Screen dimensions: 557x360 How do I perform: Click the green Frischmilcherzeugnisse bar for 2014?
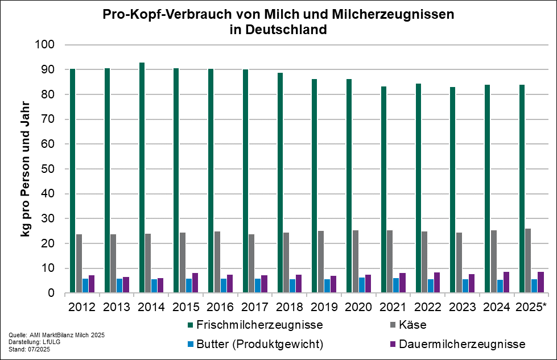pyautogui.click(x=142, y=177)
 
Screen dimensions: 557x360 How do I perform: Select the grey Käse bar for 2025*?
pyautogui.click(x=528, y=260)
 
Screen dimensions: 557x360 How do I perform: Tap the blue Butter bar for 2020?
pyautogui.click(x=362, y=285)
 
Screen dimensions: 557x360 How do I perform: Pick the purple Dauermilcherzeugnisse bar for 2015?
pyautogui.click(x=195, y=283)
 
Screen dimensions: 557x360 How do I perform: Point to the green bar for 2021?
pyautogui.click(x=384, y=189)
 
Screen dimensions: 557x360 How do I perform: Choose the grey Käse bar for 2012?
pyautogui.click(x=79, y=263)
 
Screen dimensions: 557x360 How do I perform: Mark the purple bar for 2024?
pyautogui.click(x=506, y=282)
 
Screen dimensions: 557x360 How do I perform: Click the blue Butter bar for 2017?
pyautogui.click(x=258, y=285)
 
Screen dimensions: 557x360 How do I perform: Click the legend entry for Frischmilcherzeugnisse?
pyautogui.click(x=255, y=325)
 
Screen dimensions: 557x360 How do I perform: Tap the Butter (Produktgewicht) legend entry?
pyautogui.click(x=255, y=344)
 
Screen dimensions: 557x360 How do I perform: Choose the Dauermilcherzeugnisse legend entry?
pyautogui.click(x=457, y=344)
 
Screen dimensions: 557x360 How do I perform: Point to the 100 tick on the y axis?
pyautogui.click(x=44, y=45)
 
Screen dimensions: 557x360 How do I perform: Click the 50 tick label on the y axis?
pyautogui.click(x=48, y=169)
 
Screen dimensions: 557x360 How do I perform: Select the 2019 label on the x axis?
pyautogui.click(x=324, y=307)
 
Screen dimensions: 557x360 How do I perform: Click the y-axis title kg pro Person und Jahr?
pyautogui.click(x=25, y=169)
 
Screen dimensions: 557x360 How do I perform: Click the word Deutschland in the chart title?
pyautogui.click(x=286, y=30)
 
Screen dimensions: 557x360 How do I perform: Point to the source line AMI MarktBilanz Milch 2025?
pyautogui.click(x=67, y=335)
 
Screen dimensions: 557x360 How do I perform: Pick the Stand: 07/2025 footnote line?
pyautogui.click(x=30, y=349)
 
